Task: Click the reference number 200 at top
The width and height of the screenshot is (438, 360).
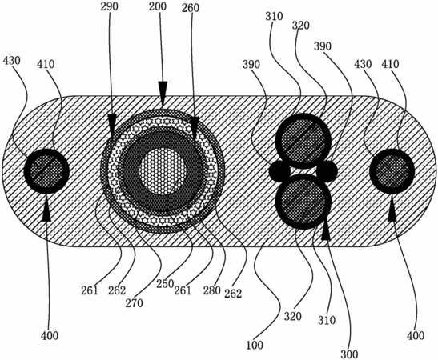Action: [x=158, y=6]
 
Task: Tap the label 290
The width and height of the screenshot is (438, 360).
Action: [x=110, y=6]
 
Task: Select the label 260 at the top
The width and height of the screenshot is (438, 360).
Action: [x=191, y=8]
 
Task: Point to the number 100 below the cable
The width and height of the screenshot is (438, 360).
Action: [x=255, y=345]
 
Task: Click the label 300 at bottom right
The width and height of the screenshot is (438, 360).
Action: [x=349, y=354]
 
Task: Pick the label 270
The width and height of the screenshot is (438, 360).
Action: [x=134, y=302]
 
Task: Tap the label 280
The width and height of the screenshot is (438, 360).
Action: [x=211, y=290]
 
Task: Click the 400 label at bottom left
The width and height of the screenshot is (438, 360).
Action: [x=50, y=335]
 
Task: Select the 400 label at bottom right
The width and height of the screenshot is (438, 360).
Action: [x=416, y=335]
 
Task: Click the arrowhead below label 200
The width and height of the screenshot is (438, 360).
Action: [x=163, y=90]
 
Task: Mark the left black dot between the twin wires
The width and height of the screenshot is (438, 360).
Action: [x=279, y=170]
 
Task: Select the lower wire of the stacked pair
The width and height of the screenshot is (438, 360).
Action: [x=303, y=202]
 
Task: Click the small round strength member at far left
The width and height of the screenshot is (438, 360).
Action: [x=46, y=171]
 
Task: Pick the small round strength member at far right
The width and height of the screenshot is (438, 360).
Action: [x=392, y=171]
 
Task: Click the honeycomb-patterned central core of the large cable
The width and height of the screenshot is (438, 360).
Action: [x=163, y=171]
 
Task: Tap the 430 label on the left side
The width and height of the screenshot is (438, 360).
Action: [x=11, y=60]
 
